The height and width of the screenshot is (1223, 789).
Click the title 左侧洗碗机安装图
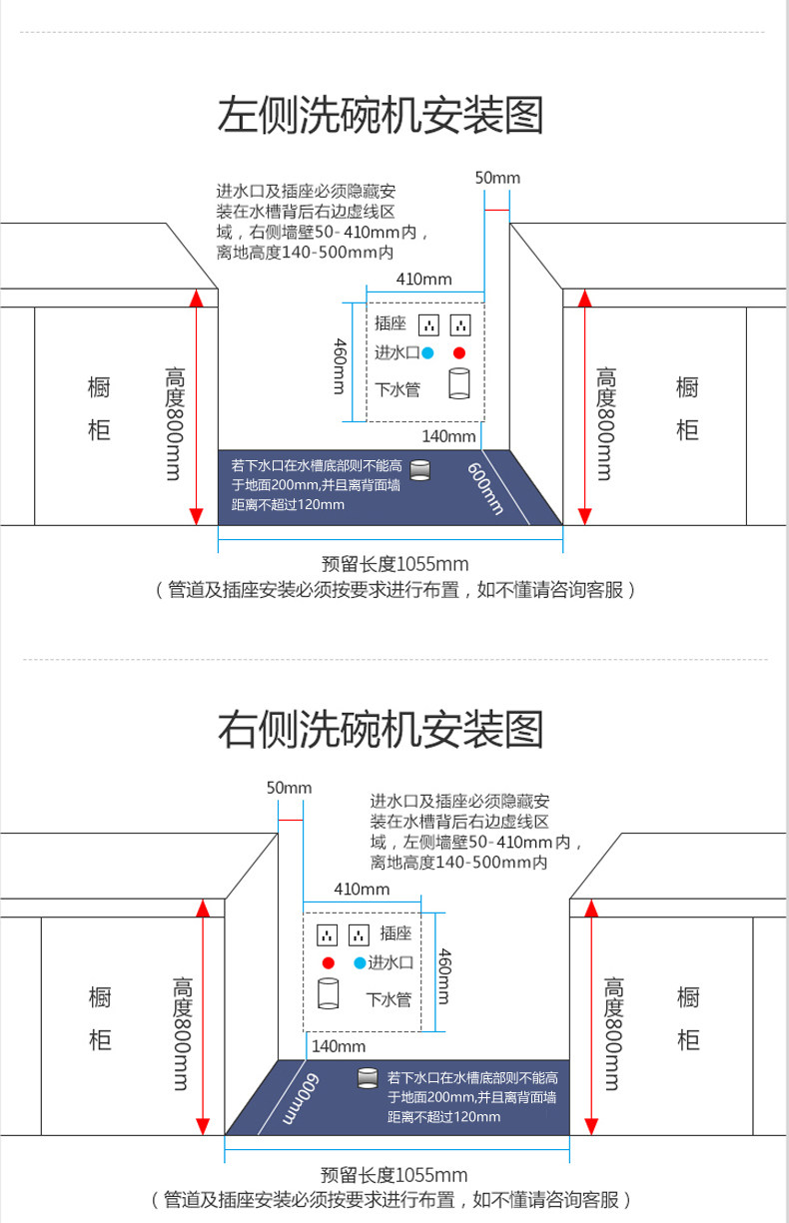click(381, 115)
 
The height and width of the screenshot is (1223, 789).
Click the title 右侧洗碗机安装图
click(381, 729)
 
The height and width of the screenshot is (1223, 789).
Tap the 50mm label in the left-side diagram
click(497, 178)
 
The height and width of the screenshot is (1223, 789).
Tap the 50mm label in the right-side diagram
click(290, 788)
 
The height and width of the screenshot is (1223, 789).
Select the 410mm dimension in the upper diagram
click(424, 280)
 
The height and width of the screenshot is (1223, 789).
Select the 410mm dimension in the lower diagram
click(362, 890)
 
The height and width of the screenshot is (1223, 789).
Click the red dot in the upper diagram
click(459, 353)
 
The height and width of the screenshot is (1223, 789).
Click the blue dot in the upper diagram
click(427, 353)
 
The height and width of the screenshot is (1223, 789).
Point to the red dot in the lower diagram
click(329, 962)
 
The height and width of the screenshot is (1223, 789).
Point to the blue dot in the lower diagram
click(360, 962)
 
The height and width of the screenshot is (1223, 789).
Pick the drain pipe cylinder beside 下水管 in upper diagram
click(459, 383)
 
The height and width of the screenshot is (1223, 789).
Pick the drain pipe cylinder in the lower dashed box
click(329, 993)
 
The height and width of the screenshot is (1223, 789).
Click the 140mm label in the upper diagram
click(448, 436)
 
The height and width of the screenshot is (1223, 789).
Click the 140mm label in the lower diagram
click(339, 1046)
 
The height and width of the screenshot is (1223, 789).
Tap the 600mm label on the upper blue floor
click(484, 488)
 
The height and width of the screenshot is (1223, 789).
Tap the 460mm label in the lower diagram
click(444, 976)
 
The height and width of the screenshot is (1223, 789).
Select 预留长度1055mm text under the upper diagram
click(394, 564)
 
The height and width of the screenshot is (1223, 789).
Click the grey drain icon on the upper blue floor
click(419, 470)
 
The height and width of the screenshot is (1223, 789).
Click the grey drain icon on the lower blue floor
click(368, 1078)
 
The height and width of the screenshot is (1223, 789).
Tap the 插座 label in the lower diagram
click(395, 933)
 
